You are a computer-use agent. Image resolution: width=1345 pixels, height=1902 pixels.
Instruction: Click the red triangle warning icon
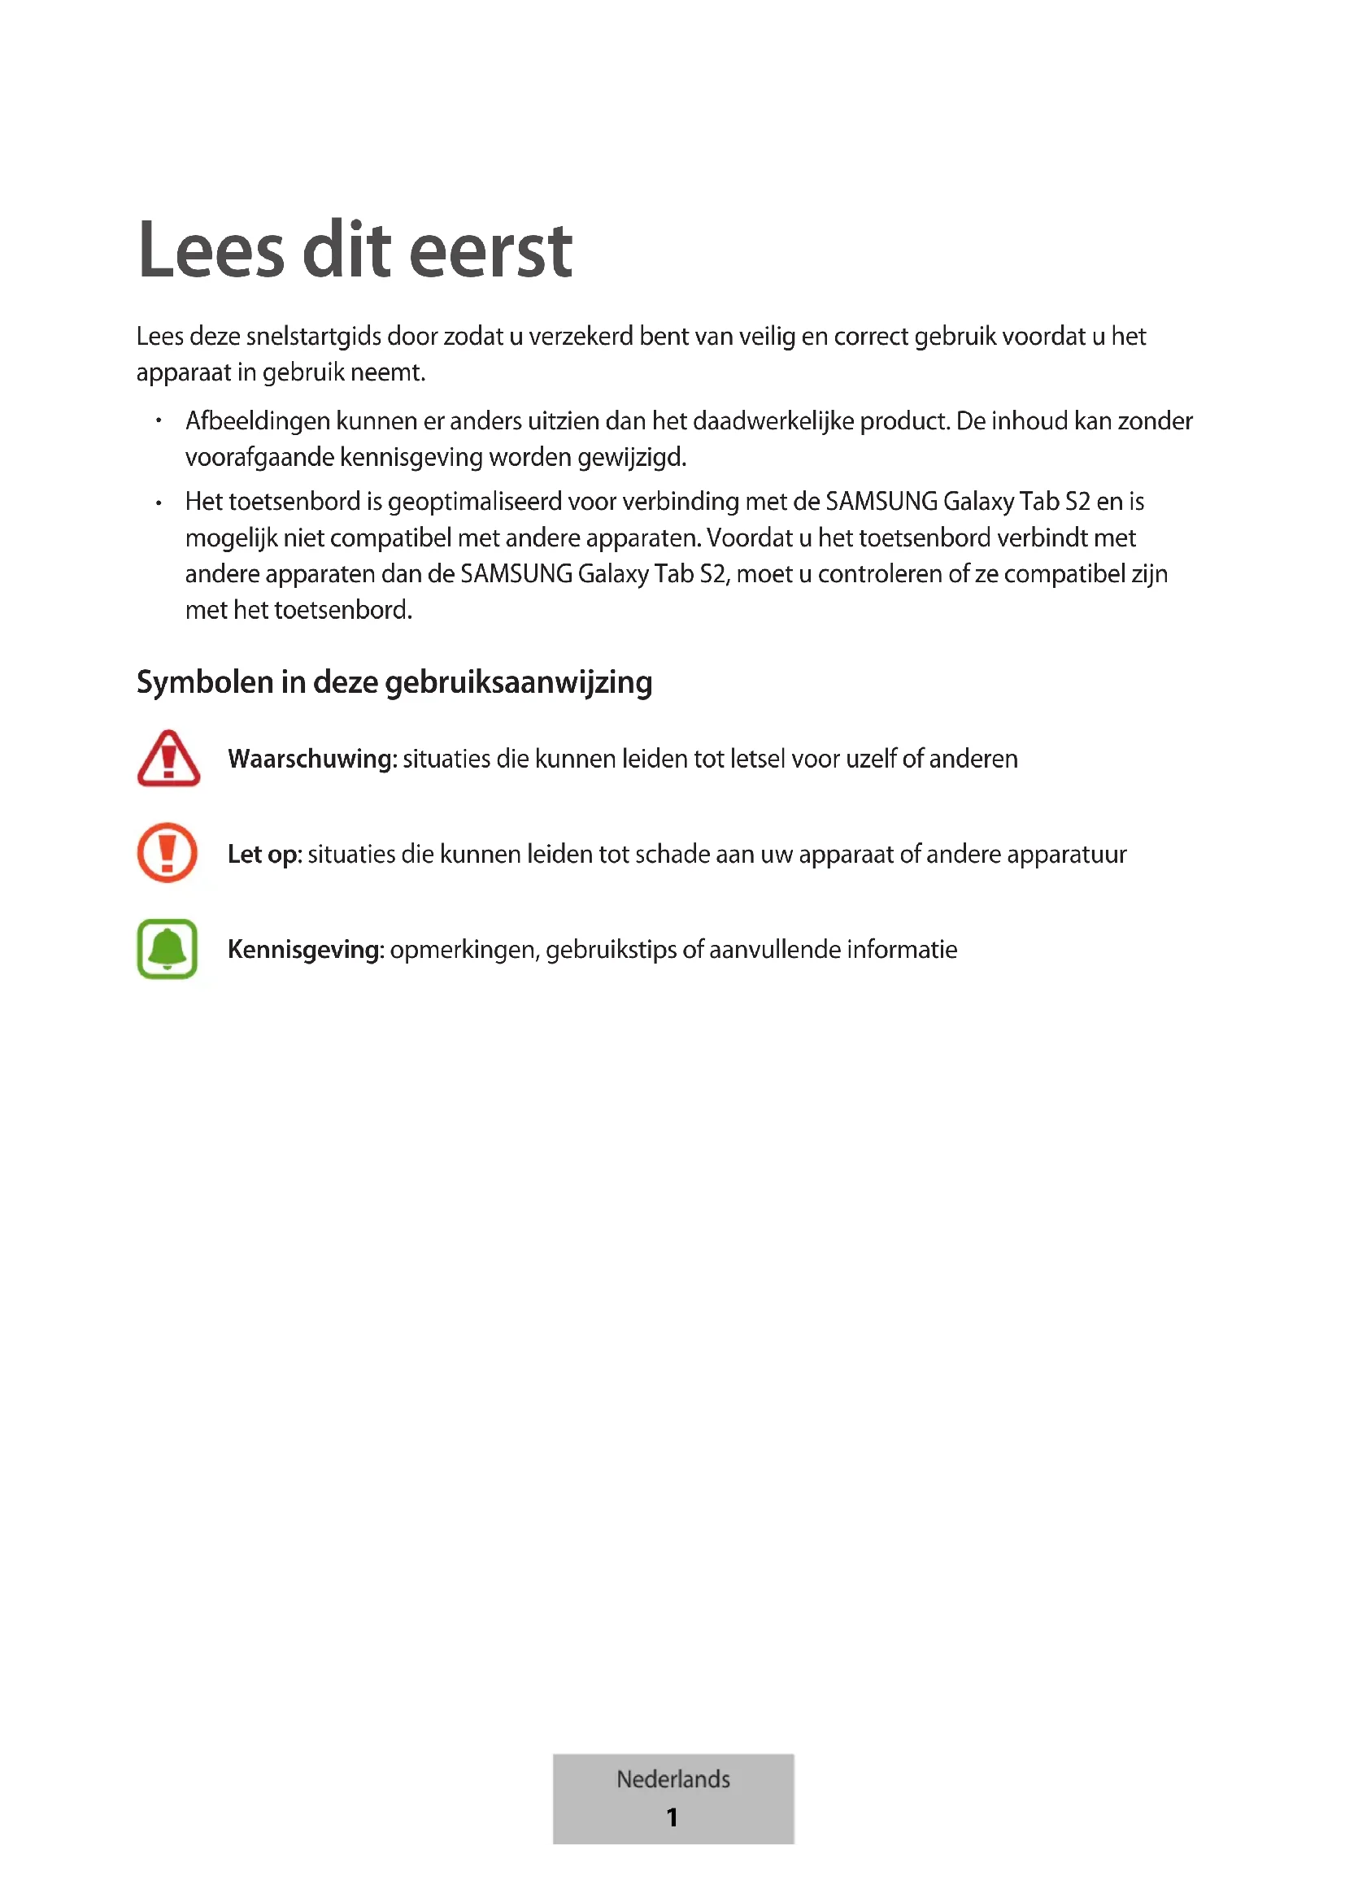tap(168, 758)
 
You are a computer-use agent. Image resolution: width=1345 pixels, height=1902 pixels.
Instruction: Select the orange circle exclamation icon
tap(168, 852)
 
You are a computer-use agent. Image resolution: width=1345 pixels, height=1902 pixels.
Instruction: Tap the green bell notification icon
tap(168, 948)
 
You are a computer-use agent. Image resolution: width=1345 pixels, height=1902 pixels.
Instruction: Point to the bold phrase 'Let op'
tap(263, 854)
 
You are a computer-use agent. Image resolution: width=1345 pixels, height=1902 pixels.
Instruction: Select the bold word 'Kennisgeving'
tap(305, 949)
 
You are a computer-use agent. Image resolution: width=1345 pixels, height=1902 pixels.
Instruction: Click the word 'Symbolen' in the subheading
tap(205, 682)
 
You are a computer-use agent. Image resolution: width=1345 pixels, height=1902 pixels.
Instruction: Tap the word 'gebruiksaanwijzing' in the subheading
tap(519, 682)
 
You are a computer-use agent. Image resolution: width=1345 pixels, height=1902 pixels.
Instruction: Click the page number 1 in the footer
tap(672, 1818)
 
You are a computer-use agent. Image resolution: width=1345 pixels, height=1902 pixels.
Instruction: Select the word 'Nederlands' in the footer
tap(672, 1778)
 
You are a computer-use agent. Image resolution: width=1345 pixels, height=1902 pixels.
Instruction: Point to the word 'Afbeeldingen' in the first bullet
tap(258, 422)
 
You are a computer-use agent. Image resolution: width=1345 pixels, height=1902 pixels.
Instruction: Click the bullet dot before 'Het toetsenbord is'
tap(159, 503)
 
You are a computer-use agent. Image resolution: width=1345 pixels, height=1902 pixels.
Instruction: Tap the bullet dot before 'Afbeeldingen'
tap(159, 422)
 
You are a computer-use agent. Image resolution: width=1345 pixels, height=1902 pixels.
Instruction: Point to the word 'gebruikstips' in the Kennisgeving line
tap(611, 949)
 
